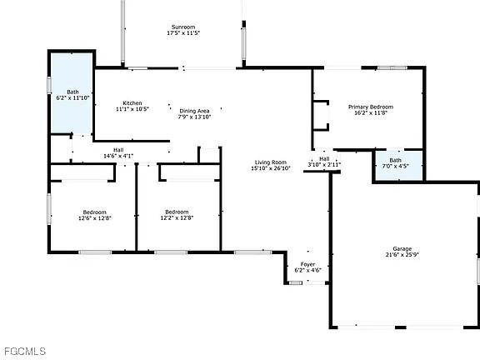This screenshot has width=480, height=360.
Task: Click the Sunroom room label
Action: pyautogui.click(x=183, y=27)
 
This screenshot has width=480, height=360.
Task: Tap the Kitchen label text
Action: pyautogui.click(x=132, y=102)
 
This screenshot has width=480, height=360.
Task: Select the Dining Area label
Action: pyautogui.click(x=192, y=111)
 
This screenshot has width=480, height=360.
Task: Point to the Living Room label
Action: pyautogui.click(x=271, y=162)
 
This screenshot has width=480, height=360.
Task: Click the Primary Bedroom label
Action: pyautogui.click(x=370, y=107)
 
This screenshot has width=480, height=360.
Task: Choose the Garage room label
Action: pyautogui.click(x=402, y=249)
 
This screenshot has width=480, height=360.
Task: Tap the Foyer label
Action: pyautogui.click(x=307, y=264)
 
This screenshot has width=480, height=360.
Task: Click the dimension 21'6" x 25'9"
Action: pyautogui.click(x=402, y=256)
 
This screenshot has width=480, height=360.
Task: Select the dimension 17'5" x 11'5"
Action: pyautogui.click(x=183, y=33)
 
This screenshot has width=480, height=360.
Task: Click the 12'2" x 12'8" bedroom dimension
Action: pyautogui.click(x=177, y=218)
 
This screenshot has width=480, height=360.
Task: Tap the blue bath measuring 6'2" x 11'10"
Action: pyautogui.click(x=73, y=94)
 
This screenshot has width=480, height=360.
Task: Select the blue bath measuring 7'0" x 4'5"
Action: pyautogui.click(x=395, y=163)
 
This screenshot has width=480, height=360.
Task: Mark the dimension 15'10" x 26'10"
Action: pyautogui.click(x=271, y=168)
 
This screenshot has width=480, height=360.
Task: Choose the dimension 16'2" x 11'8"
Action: pyautogui.click(x=370, y=113)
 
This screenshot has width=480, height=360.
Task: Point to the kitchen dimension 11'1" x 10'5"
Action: pyautogui.click(x=132, y=109)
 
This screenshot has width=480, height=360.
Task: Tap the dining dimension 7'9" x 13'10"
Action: pyautogui.click(x=192, y=117)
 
